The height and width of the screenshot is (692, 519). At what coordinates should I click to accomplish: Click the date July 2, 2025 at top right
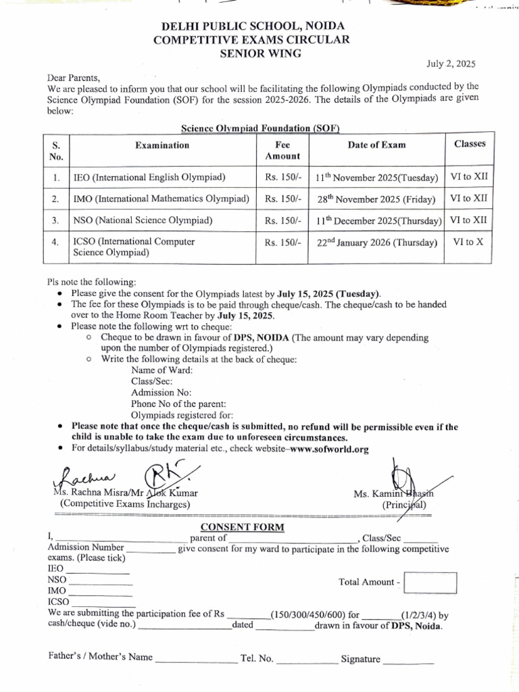(451, 64)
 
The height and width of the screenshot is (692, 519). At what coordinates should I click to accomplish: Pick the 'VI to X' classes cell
(468, 241)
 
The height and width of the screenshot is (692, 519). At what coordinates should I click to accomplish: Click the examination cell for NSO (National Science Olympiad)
(143, 220)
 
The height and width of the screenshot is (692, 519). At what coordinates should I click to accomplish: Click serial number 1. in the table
(57, 178)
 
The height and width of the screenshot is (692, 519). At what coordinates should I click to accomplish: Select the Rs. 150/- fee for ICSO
(282, 242)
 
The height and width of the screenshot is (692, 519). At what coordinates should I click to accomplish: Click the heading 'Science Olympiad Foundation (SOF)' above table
(259, 128)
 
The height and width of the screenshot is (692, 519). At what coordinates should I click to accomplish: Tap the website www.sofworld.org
(328, 449)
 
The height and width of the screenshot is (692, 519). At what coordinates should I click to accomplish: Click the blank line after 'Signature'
(409, 661)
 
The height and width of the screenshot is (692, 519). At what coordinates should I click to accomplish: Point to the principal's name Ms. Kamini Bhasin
(397, 495)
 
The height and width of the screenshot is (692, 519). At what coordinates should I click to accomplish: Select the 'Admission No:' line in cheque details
(162, 393)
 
